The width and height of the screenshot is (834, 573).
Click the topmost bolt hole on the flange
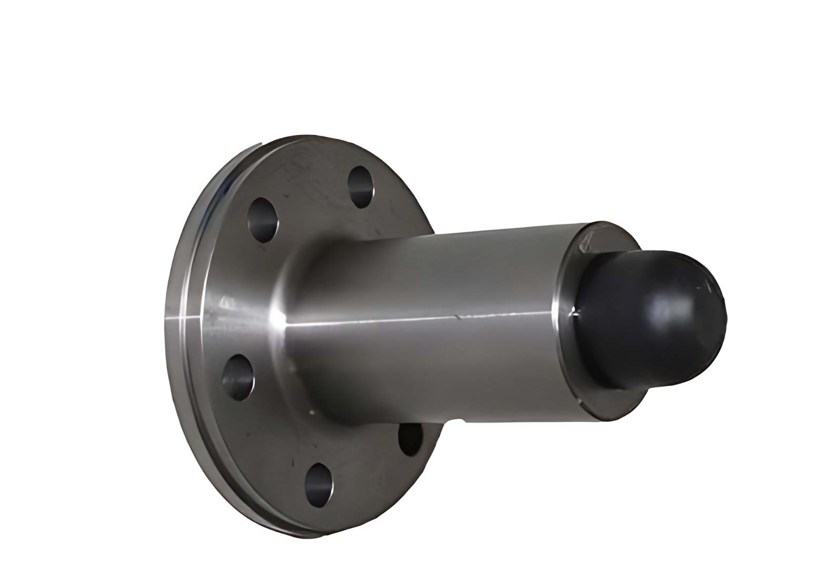pos(361,187)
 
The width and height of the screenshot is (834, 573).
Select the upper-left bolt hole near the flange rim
pos(263,220)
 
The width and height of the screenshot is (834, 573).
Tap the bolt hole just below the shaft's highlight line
pos(236,377)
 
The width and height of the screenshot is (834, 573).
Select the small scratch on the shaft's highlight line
pos(462,317)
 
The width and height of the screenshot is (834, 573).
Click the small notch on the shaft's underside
pos(463,420)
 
